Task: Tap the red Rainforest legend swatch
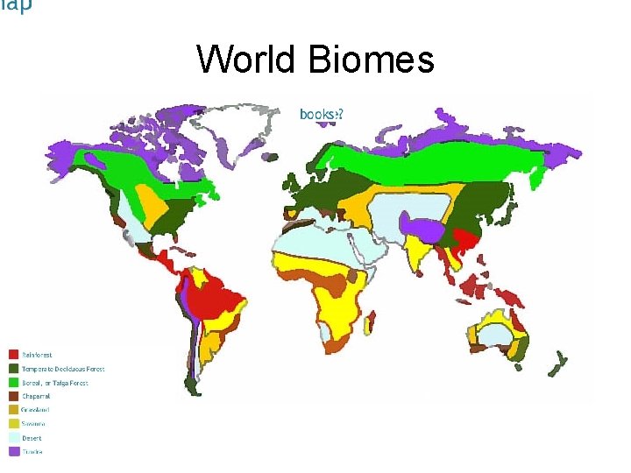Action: [13, 355]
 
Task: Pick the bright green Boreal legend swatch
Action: [13, 383]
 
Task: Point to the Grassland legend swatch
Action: [13, 410]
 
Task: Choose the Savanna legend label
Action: [34, 424]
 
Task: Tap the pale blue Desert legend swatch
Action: [13, 438]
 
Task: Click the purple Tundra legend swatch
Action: [13, 451]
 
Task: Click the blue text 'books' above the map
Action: [318, 113]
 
